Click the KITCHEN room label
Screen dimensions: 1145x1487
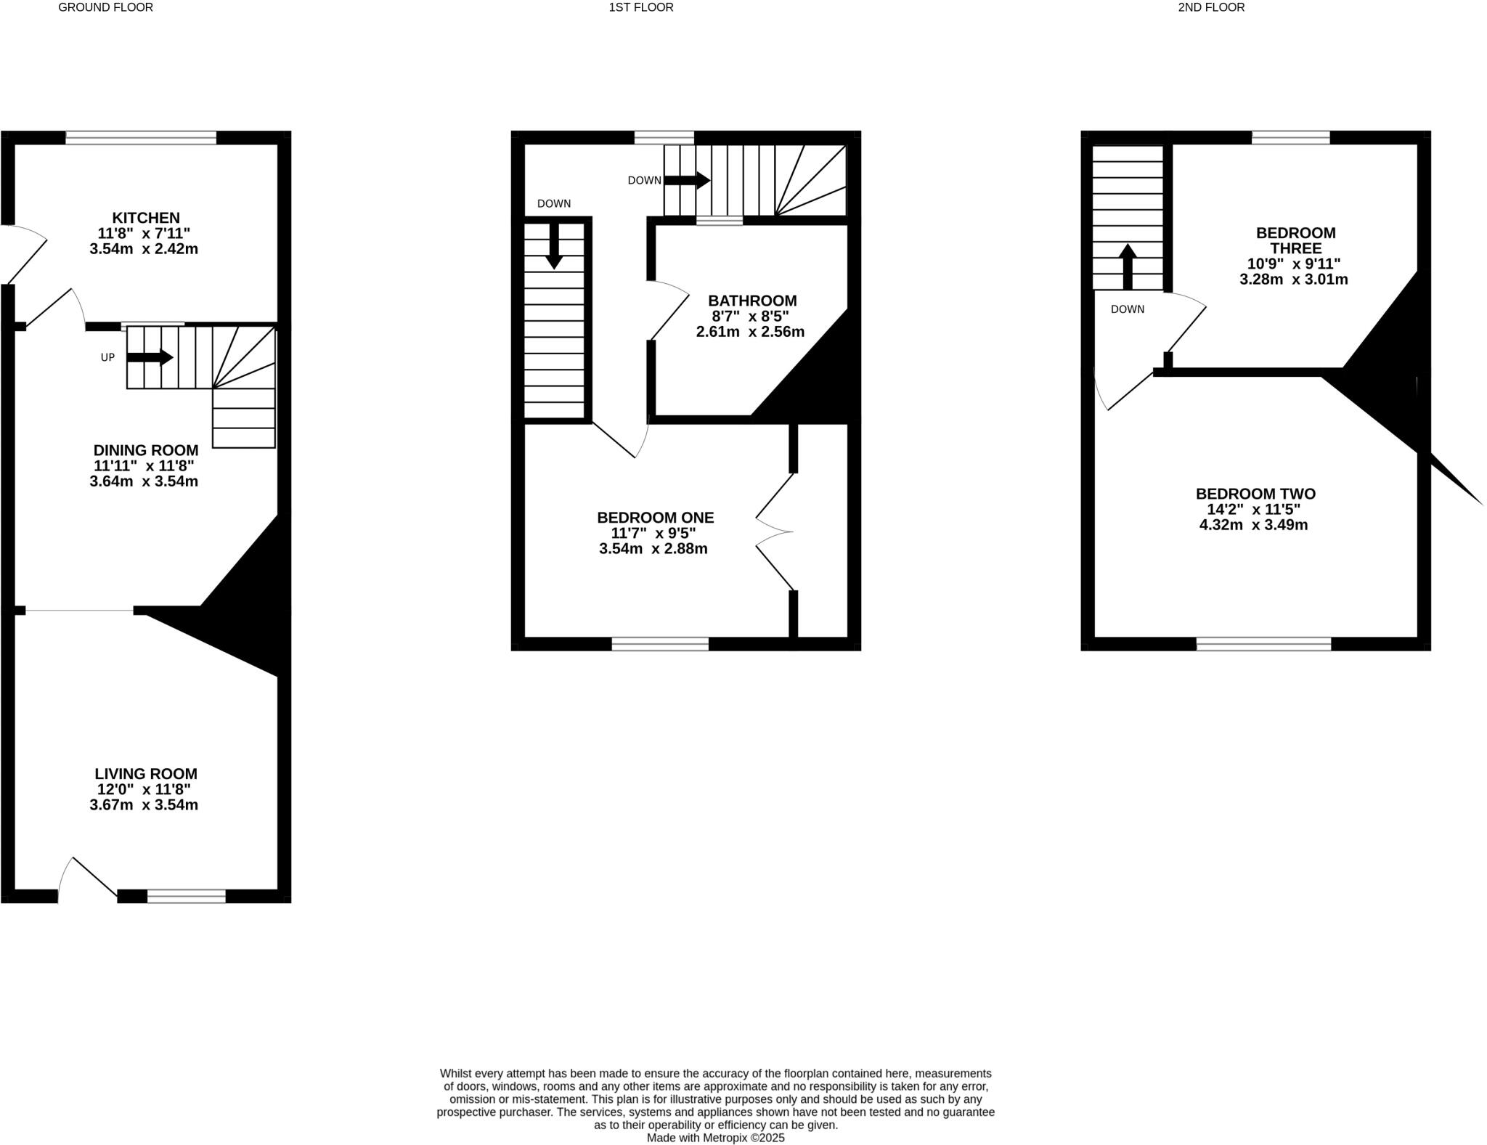click(x=145, y=218)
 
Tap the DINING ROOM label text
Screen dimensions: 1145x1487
click(x=145, y=450)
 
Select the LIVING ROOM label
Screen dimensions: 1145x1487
click(x=145, y=774)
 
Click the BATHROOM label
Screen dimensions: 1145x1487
click(x=752, y=301)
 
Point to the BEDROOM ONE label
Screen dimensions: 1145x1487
click(x=655, y=518)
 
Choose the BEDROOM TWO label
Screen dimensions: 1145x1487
click(x=1255, y=494)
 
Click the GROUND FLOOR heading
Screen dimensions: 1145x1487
click(x=105, y=7)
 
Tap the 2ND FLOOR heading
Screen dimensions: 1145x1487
click(x=1211, y=7)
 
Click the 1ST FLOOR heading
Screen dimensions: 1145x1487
click(x=641, y=7)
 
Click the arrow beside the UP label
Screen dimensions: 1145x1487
click(x=150, y=357)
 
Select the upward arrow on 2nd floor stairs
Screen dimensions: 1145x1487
click(x=1127, y=266)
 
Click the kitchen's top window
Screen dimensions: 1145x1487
click(x=141, y=137)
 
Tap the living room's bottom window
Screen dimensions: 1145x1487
click(x=187, y=896)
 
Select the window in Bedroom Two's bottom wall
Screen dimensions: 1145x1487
click(x=1263, y=643)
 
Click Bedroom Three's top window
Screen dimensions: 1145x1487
click(x=1291, y=137)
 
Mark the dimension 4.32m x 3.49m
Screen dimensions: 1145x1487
click(x=1253, y=525)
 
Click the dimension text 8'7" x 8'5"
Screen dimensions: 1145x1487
click(x=750, y=317)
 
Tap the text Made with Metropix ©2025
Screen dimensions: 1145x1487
click(x=715, y=1138)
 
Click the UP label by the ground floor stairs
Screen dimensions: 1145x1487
click(x=107, y=357)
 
